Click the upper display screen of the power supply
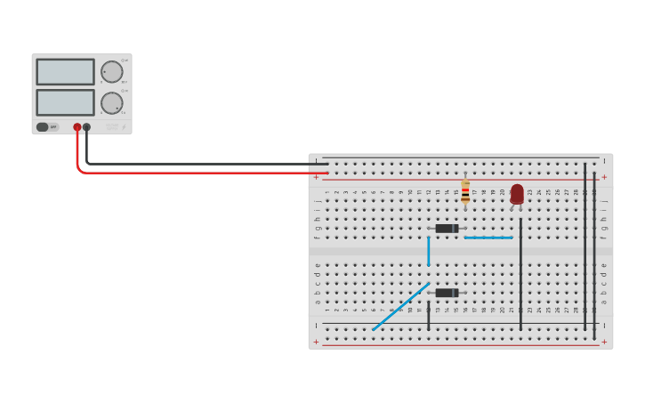coord(65,71)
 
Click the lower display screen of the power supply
coord(65,101)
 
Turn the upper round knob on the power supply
coord(112,72)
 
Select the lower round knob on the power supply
coord(112,102)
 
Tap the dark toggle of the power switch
coord(42,127)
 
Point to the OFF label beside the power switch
coord(53,127)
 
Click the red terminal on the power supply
coord(77,127)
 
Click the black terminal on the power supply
coord(86,127)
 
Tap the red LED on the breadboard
coord(517,193)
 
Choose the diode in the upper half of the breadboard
coord(447,229)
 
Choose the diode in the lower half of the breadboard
coord(447,293)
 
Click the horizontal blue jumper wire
coord(488,238)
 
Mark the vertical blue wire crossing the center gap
coord(428,251)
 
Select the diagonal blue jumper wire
coord(400,307)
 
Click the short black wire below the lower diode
coord(428,316)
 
